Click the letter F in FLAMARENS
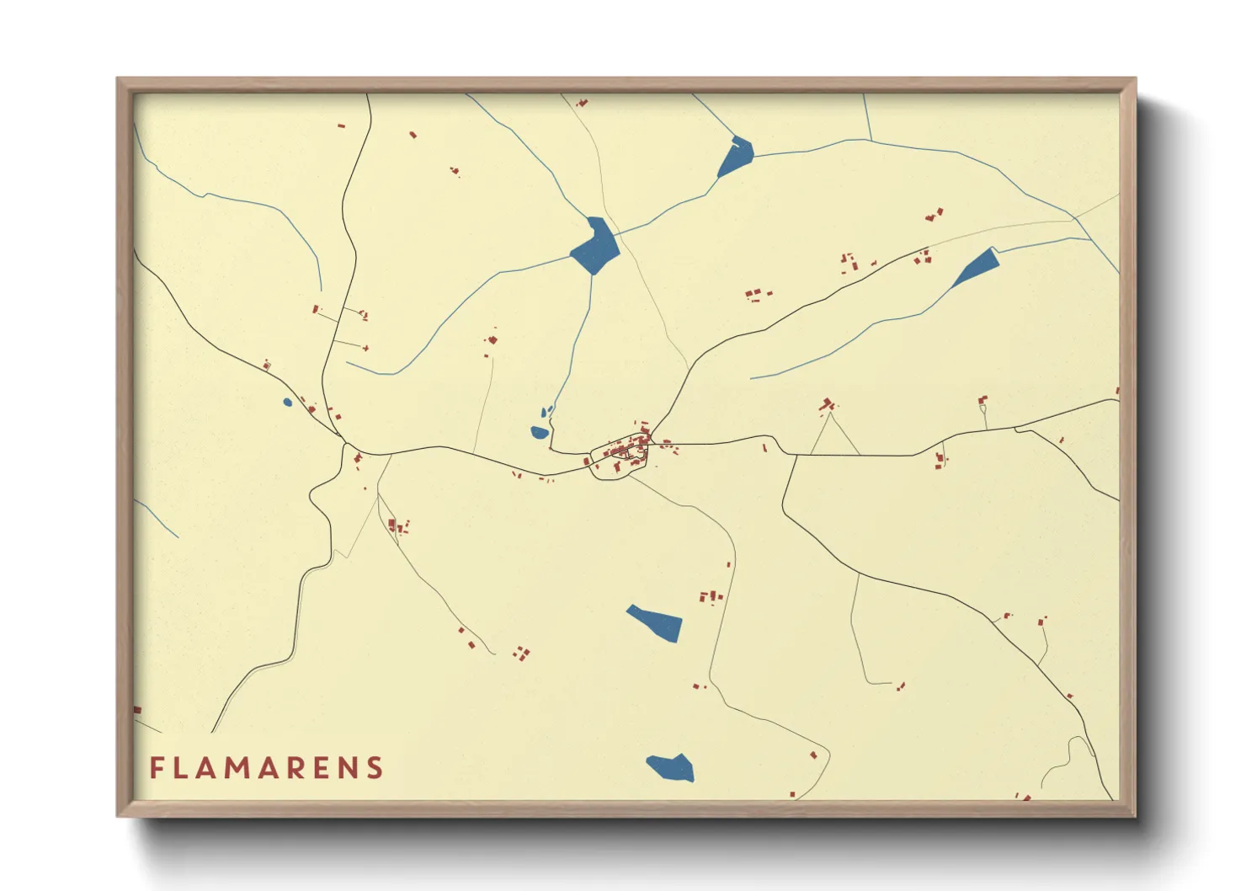(x=156, y=768)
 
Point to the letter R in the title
(x=288, y=768)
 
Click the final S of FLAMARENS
(x=375, y=768)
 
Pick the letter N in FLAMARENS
(x=345, y=768)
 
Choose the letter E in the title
(x=317, y=768)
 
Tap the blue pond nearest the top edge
(x=736, y=157)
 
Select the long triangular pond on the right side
(x=977, y=267)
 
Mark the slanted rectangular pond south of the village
(x=656, y=622)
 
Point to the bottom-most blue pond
(x=671, y=767)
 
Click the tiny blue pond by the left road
(x=287, y=403)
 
